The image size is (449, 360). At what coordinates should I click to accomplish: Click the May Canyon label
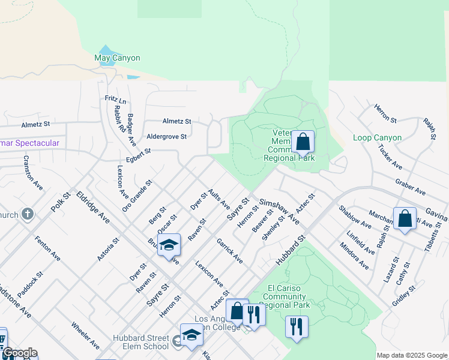(118, 58)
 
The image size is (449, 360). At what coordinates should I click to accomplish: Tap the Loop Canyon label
(378, 138)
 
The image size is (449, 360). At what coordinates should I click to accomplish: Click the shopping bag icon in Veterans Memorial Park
(304, 143)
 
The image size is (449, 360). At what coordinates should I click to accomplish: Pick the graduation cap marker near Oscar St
(169, 245)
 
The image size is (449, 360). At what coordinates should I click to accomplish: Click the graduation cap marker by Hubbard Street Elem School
(191, 335)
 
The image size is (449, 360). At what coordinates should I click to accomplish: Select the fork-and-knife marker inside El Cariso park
(296, 327)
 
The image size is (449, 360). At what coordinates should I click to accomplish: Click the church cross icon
(27, 214)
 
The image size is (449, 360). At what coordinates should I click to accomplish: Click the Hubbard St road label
(291, 250)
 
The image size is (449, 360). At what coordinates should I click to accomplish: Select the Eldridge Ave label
(92, 208)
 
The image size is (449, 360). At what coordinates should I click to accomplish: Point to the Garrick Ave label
(229, 251)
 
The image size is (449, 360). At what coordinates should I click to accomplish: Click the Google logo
(19, 353)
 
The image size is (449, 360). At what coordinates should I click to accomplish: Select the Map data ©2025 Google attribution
(412, 355)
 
